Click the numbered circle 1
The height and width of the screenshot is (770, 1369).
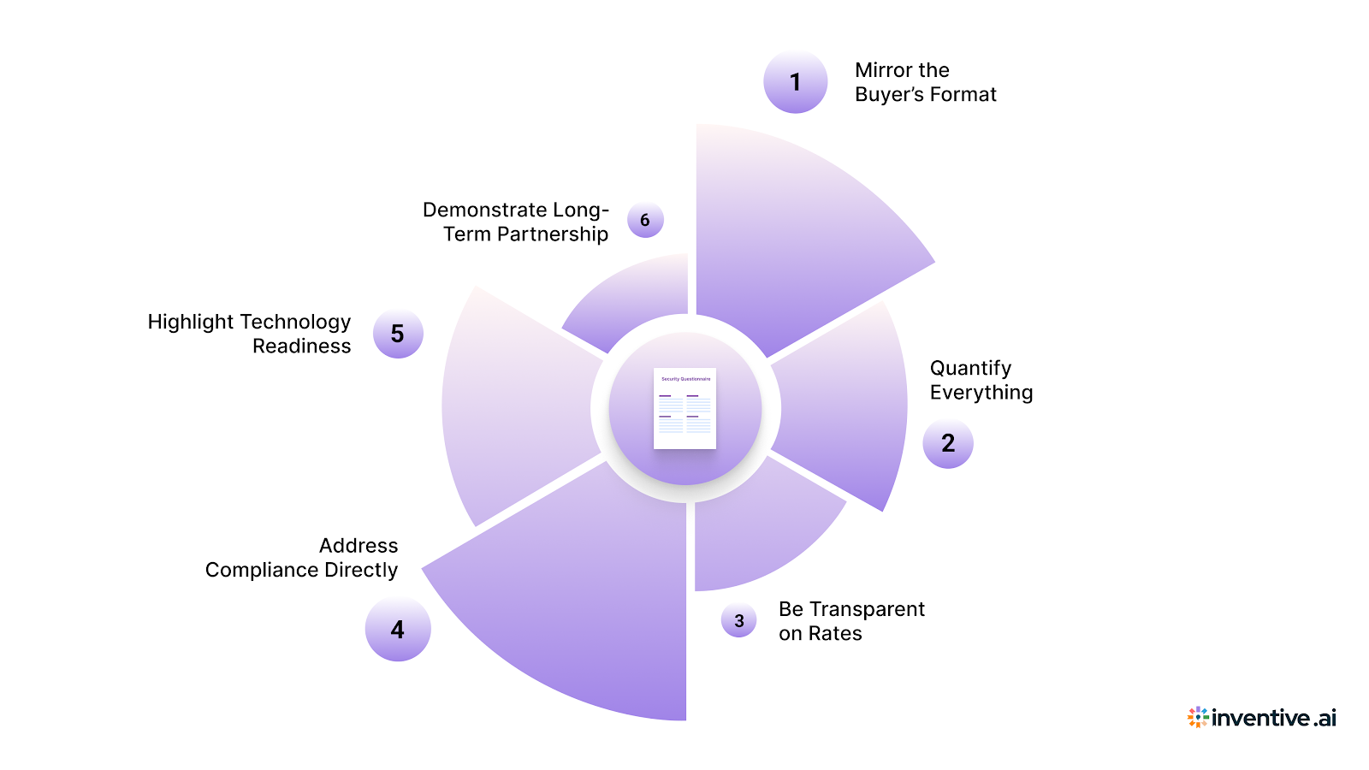point(795,82)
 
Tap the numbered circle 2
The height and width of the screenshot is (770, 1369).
point(948,443)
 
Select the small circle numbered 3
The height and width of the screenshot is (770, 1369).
point(738,620)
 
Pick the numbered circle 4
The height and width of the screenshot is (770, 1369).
point(398,630)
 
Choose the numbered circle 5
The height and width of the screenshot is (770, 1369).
point(398,334)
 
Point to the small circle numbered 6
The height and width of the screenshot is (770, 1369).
point(645,220)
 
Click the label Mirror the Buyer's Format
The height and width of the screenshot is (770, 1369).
point(925,82)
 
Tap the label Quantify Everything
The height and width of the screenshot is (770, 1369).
point(981,380)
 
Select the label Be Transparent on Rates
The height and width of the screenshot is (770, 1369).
point(850,621)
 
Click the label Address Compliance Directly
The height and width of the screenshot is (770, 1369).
point(301,558)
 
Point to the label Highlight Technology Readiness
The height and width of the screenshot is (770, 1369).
point(249,334)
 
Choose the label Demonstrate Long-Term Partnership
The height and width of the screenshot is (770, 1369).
point(516,222)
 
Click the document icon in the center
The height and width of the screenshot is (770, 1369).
point(684,408)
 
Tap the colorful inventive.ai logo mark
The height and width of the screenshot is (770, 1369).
point(1198,717)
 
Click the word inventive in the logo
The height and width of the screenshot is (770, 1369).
point(1260,718)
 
